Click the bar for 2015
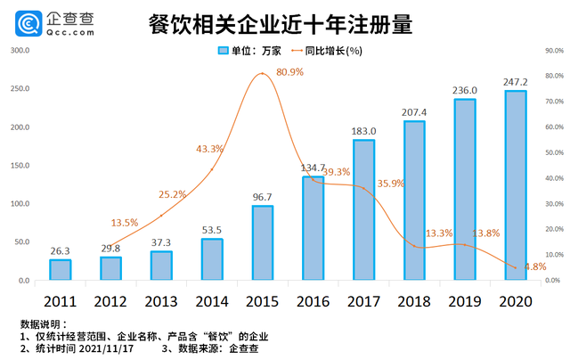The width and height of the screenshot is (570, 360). point(262,242)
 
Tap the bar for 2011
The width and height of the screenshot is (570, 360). point(60,269)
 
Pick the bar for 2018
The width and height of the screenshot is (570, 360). point(413,200)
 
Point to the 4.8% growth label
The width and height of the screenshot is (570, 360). point(534,266)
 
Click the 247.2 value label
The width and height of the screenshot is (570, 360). point(515,82)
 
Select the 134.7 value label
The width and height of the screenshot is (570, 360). point(313,168)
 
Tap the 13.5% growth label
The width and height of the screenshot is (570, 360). point(125,223)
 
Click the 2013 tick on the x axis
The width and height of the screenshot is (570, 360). point(161,300)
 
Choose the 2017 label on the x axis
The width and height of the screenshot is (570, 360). point(363,300)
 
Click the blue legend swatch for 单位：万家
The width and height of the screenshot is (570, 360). point(224,51)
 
